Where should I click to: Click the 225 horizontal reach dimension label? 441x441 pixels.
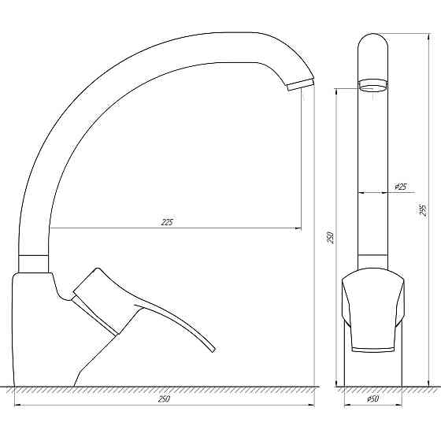pyautogui.click(x=167, y=222)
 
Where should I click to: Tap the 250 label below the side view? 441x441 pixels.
pyautogui.click(x=164, y=399)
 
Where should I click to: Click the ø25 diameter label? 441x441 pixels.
pyautogui.click(x=400, y=187)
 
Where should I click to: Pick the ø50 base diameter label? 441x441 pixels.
pyautogui.click(x=374, y=399)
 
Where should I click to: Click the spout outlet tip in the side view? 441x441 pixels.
pyautogui.click(x=300, y=85)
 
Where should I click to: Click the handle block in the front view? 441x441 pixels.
pyautogui.click(x=373, y=311)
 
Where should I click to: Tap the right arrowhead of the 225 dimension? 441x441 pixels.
pyautogui.click(x=298, y=228)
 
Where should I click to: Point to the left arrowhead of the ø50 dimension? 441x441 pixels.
pyautogui.click(x=348, y=406)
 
